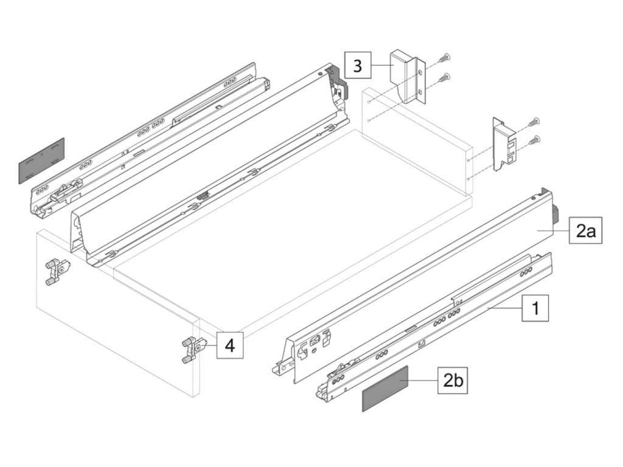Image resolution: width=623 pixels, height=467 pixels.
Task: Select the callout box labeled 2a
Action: pyautogui.click(x=586, y=230)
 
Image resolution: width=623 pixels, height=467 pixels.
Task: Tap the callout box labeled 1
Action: pyautogui.click(x=535, y=308)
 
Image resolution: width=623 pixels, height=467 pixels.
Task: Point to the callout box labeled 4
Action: pyautogui.click(x=229, y=346)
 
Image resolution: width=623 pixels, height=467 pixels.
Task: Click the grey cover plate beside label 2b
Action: pyautogui.click(x=385, y=389)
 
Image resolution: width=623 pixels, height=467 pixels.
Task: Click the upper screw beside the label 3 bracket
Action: pyautogui.click(x=445, y=58)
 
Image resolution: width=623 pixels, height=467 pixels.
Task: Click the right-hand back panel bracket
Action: pyautogui.click(x=504, y=144)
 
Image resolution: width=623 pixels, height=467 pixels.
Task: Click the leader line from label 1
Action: pyautogui.click(x=504, y=309)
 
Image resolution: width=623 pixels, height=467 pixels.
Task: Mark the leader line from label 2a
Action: pyautogui.click(x=554, y=231)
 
